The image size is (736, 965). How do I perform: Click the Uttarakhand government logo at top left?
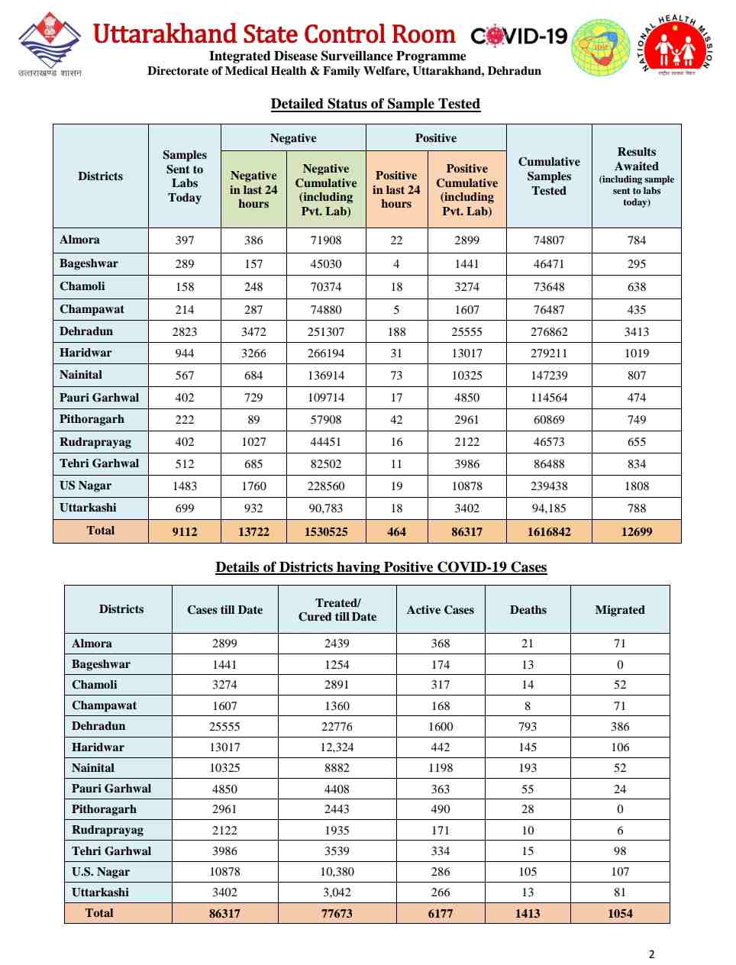[x=50, y=43]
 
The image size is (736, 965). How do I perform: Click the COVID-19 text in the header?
[x=519, y=36]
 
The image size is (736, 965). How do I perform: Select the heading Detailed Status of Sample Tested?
[x=375, y=104]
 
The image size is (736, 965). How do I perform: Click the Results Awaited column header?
[x=636, y=176]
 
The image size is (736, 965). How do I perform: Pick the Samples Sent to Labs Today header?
[x=184, y=176]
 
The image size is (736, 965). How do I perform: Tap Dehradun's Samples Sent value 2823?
[x=184, y=332]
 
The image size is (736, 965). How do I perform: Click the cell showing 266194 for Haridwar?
[x=325, y=353]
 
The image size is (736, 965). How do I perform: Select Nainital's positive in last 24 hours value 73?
[x=396, y=376]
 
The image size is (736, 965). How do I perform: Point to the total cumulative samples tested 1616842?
[x=548, y=532]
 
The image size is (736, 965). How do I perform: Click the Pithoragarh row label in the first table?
[x=92, y=419]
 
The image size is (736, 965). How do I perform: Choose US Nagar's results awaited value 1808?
[x=636, y=486]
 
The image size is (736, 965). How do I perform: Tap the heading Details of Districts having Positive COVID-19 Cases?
[x=381, y=567]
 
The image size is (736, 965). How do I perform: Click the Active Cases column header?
[x=440, y=610]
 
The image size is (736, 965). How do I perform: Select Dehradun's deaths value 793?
[x=527, y=727]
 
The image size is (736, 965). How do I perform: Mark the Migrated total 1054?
[x=619, y=913]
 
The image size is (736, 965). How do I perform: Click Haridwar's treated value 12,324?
[x=337, y=747]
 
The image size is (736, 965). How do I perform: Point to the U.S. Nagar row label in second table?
[x=101, y=872]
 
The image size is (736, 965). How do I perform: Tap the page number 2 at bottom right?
[x=651, y=954]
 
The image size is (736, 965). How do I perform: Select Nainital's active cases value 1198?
[x=440, y=768]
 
